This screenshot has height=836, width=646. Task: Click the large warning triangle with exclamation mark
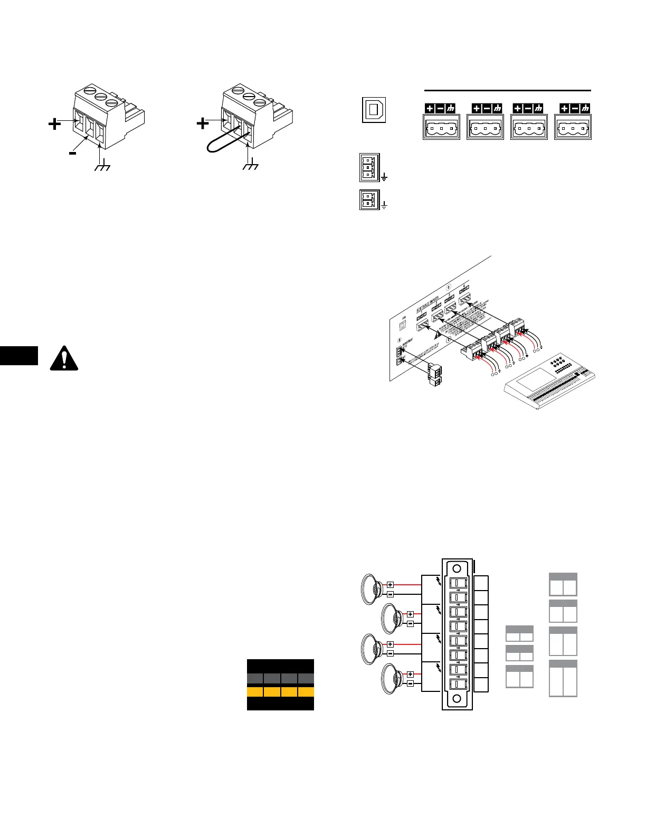pyautogui.click(x=64, y=358)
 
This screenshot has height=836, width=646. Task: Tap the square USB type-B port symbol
pyautogui.click(x=374, y=110)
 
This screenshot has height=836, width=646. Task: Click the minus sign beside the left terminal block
pyautogui.click(x=72, y=154)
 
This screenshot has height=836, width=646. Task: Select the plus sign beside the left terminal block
pyautogui.click(x=54, y=123)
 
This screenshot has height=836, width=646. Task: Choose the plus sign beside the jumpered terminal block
pyautogui.click(x=203, y=123)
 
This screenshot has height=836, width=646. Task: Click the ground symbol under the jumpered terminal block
pyautogui.click(x=250, y=167)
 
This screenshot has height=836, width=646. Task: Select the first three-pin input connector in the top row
pyautogui.click(x=441, y=127)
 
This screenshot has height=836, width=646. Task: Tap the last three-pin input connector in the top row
pyautogui.click(x=573, y=127)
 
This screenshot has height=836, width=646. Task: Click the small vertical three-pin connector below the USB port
pyautogui.click(x=369, y=167)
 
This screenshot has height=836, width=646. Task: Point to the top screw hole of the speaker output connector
pyautogui.click(x=457, y=569)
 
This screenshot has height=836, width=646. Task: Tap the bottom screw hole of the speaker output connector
pyautogui.click(x=457, y=700)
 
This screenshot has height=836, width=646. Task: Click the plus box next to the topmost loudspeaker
pyautogui.click(x=390, y=584)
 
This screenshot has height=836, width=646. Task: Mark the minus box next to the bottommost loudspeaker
pyautogui.click(x=410, y=684)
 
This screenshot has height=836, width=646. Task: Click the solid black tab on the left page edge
pyautogui.click(x=19, y=355)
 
